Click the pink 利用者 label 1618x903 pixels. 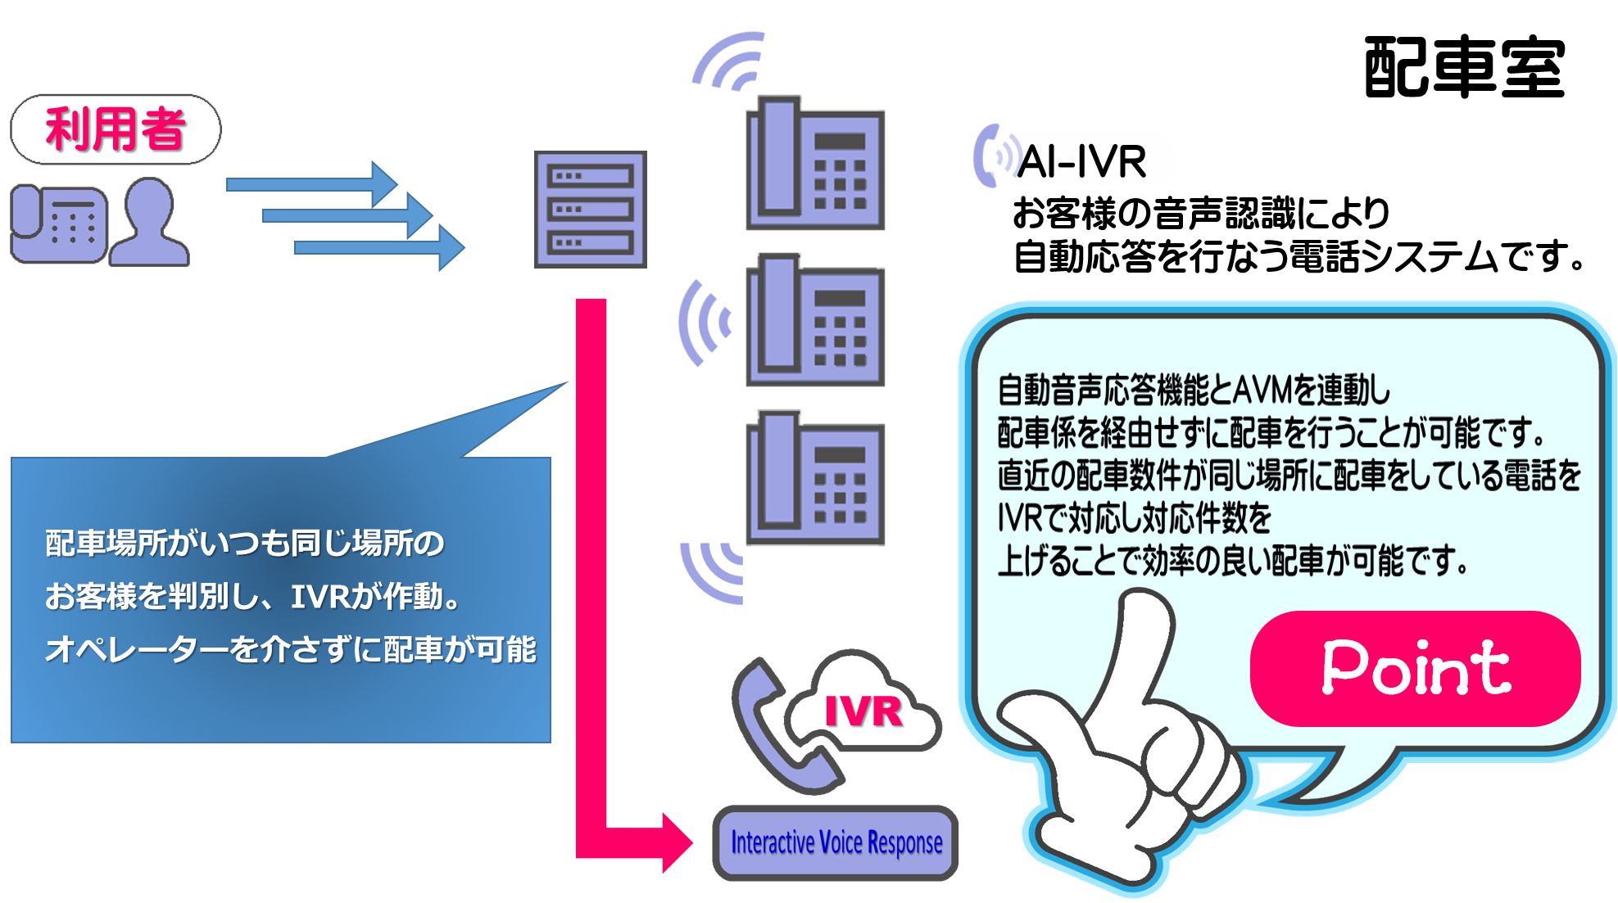coord(116,129)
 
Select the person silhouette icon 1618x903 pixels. coord(150,223)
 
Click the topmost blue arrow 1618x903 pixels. coord(311,183)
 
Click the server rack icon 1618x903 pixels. coord(590,209)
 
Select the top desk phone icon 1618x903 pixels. coord(814,164)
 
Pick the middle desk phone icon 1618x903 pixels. coord(814,320)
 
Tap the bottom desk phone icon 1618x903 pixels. coord(814,478)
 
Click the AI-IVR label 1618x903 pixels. coord(1081,160)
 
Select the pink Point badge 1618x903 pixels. coord(1415,668)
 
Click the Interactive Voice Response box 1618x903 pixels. coord(836,842)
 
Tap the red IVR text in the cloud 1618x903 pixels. coord(863,711)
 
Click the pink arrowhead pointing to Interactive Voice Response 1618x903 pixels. coord(676,842)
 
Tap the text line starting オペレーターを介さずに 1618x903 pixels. coord(291,650)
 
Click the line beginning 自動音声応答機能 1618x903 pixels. coord(1193,391)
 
